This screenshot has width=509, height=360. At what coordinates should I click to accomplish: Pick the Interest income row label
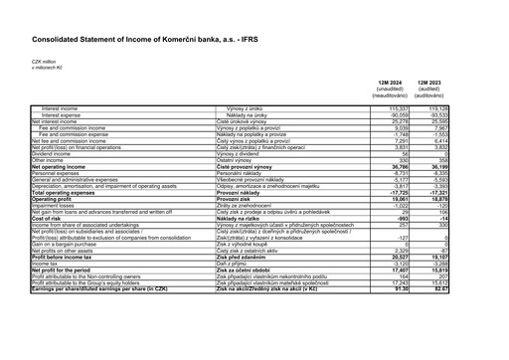pos(61,107)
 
